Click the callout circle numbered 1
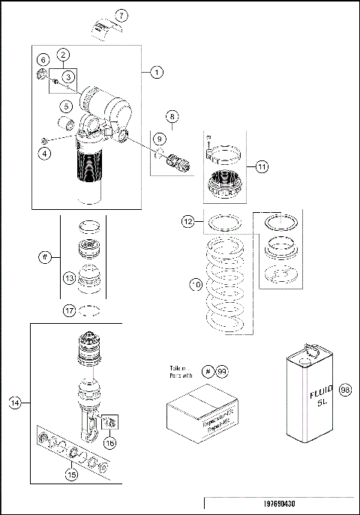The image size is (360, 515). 157,72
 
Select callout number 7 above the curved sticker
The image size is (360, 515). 122,15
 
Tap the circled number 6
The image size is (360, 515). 43,59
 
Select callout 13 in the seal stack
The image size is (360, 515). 69,278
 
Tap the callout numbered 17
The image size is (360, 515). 68,309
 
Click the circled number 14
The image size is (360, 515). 14,403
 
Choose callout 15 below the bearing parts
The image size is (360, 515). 72,474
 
